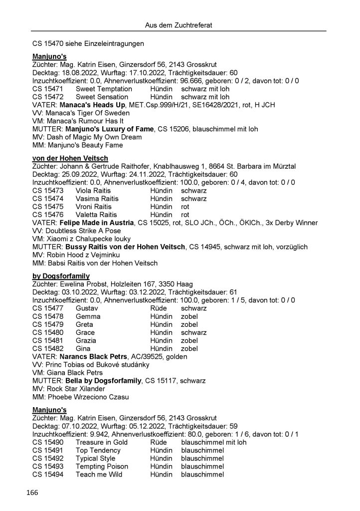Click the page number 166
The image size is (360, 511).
tap(32, 493)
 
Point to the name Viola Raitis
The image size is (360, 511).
tap(94, 190)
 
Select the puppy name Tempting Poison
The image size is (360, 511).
tap(102, 466)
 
